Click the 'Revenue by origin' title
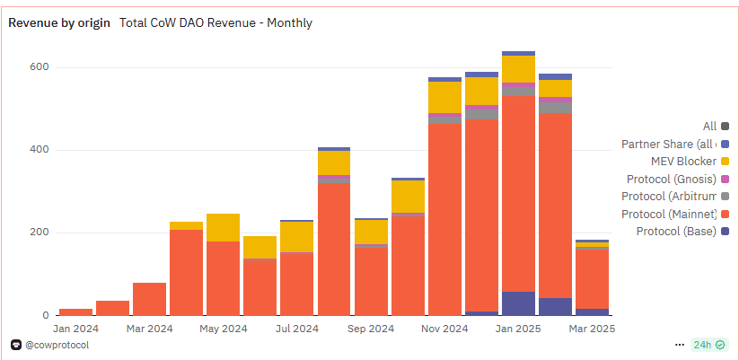click(60, 22)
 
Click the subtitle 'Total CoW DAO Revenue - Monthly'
click(216, 22)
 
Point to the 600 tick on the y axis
click(38, 67)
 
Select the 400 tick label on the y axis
click(38, 150)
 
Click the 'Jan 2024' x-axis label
click(75, 329)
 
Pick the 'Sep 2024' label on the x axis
click(370, 329)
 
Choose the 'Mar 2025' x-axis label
click(591, 329)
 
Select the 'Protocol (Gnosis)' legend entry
click(670, 179)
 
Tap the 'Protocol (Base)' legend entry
click(676, 232)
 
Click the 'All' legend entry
click(709, 127)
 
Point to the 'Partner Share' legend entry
click(669, 144)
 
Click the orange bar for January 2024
click(75, 312)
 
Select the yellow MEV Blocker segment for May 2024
click(223, 227)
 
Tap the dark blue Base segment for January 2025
click(518, 303)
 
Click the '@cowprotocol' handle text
click(57, 345)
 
